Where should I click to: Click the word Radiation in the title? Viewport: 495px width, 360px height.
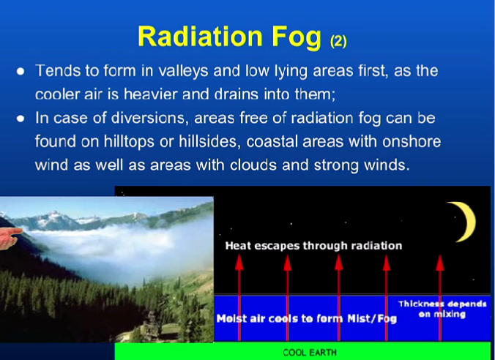pyautogui.click(x=200, y=37)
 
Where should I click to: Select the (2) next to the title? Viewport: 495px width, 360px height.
pyautogui.click(x=338, y=41)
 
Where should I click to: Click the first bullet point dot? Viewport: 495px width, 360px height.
pyautogui.click(x=21, y=71)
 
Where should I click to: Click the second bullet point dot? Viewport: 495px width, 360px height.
pyautogui.click(x=21, y=119)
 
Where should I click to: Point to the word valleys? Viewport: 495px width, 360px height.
pyautogui.click(x=183, y=71)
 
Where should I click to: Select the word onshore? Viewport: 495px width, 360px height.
pyautogui.click(x=412, y=142)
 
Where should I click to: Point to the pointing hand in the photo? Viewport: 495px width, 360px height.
pyautogui.click(x=10, y=239)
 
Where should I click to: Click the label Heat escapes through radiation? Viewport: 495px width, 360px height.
pyautogui.click(x=313, y=246)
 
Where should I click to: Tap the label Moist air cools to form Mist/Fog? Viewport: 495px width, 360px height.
pyautogui.click(x=307, y=318)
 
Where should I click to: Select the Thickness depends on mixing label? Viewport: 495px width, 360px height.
pyautogui.click(x=442, y=309)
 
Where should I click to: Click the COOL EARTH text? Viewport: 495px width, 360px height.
pyautogui.click(x=310, y=352)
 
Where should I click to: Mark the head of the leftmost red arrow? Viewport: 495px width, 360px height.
pyautogui.click(x=239, y=263)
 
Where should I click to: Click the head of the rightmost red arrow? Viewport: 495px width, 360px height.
pyautogui.click(x=440, y=263)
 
